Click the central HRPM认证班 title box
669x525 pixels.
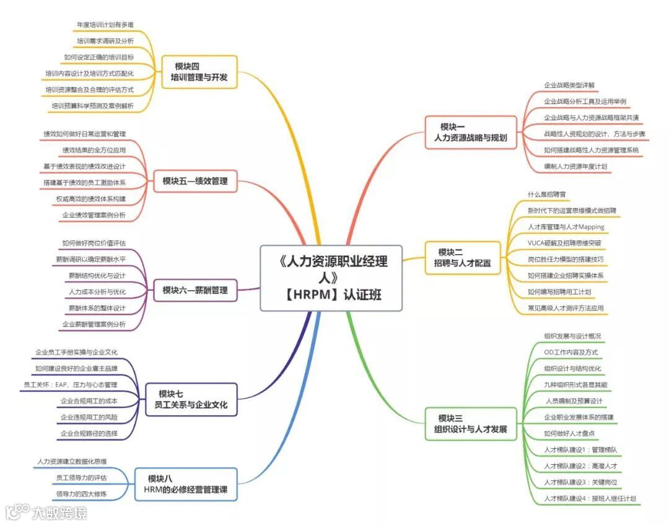point(331,278)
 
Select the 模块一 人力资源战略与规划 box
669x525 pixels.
point(471,132)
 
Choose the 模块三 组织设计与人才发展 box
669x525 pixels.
point(471,423)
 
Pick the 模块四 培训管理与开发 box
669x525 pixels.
point(199,72)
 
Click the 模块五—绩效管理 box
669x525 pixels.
point(195,181)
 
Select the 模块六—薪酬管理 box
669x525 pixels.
point(195,289)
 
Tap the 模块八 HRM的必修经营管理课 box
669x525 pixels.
point(186,484)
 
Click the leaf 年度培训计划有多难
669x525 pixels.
point(105,25)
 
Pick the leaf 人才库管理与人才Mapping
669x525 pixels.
point(566,227)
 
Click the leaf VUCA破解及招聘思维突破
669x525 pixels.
point(564,243)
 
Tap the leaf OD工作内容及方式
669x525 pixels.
point(571,352)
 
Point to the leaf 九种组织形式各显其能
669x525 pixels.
point(575,384)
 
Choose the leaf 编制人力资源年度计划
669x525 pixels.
point(575,166)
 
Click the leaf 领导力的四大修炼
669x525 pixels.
point(81,494)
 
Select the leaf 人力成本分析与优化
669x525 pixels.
point(97,291)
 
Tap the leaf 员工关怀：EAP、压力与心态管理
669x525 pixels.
point(71,384)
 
